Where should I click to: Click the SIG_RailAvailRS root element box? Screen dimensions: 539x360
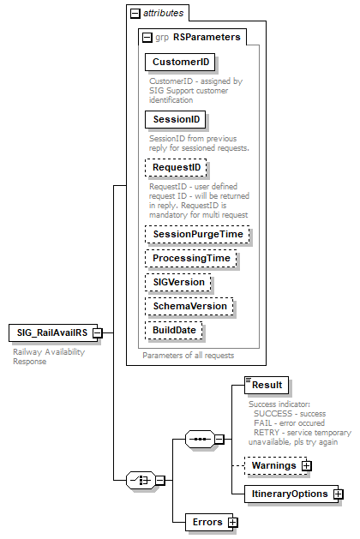49,332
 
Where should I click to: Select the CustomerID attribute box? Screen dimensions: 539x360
179,63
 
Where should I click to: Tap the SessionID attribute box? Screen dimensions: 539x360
176,119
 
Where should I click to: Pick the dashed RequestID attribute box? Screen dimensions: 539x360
176,167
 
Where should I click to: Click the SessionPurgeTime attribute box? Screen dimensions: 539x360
196,233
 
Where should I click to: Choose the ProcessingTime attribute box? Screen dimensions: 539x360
191,257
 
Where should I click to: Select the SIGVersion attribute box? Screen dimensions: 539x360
177,281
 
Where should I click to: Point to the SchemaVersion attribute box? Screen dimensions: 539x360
189,305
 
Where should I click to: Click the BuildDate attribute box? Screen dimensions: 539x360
174,329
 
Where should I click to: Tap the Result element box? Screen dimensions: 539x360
267,385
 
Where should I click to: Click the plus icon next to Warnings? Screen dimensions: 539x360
305,465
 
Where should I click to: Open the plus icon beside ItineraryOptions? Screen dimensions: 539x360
339,494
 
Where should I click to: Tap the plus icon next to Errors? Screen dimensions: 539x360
232,522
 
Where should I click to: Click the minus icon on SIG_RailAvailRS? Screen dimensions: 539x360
98,332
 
